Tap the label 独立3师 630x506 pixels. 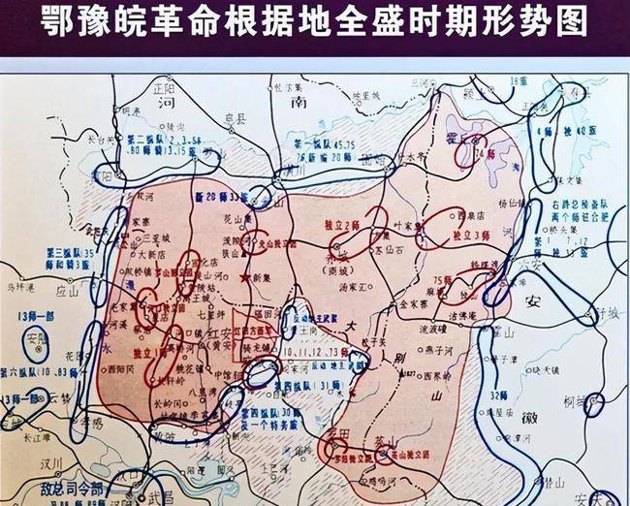click(x=469, y=236)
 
